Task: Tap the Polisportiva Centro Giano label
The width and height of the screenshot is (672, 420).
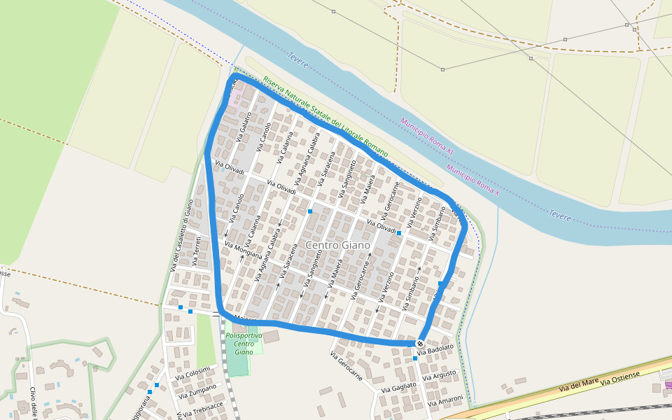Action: tap(244, 344)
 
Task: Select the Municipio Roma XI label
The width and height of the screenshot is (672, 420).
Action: tap(428, 136)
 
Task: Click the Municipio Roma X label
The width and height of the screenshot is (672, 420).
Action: tap(472, 179)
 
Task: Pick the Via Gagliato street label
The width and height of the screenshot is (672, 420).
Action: tap(399, 386)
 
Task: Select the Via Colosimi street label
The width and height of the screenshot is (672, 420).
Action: tap(192, 374)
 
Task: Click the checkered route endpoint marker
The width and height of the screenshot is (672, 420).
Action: tap(419, 344)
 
